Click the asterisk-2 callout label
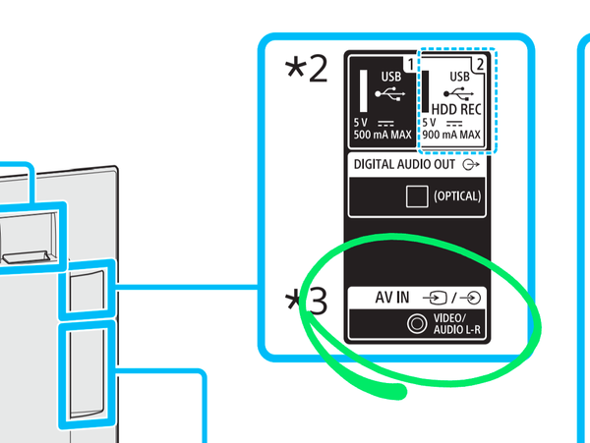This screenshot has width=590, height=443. coord(305,72)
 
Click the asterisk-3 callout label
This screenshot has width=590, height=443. coord(305,301)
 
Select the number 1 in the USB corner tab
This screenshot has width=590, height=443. coord(409,62)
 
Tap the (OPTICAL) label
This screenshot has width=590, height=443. coord(457,195)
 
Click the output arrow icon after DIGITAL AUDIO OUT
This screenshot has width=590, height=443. coord(471,165)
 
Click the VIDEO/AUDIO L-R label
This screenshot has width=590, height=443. coord(457,321)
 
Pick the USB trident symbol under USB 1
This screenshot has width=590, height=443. coord(388,96)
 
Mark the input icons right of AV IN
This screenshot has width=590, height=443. coord(455,297)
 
